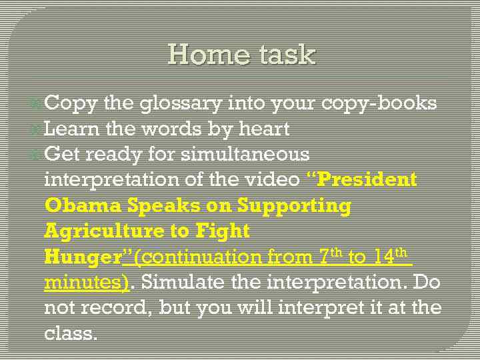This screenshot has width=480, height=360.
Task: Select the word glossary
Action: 181,104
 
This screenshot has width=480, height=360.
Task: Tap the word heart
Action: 264,129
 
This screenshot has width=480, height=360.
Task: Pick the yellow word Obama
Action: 83,205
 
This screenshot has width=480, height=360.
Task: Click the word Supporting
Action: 294,205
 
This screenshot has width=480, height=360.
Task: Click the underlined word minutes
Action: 85,282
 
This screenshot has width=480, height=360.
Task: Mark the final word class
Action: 70,333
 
